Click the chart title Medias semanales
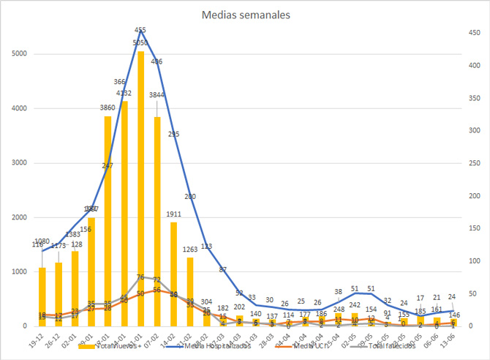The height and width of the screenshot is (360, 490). point(244,15)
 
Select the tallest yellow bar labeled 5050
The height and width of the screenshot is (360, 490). point(140,190)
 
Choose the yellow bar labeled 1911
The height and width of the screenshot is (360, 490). point(174,274)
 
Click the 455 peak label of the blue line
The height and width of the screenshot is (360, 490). point(140,30)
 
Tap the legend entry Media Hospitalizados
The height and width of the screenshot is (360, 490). point(219,345)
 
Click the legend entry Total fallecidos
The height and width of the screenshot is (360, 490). point(380,345)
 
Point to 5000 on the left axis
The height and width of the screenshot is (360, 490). point(20,54)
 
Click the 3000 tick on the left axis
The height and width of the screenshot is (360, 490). point(20,163)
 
